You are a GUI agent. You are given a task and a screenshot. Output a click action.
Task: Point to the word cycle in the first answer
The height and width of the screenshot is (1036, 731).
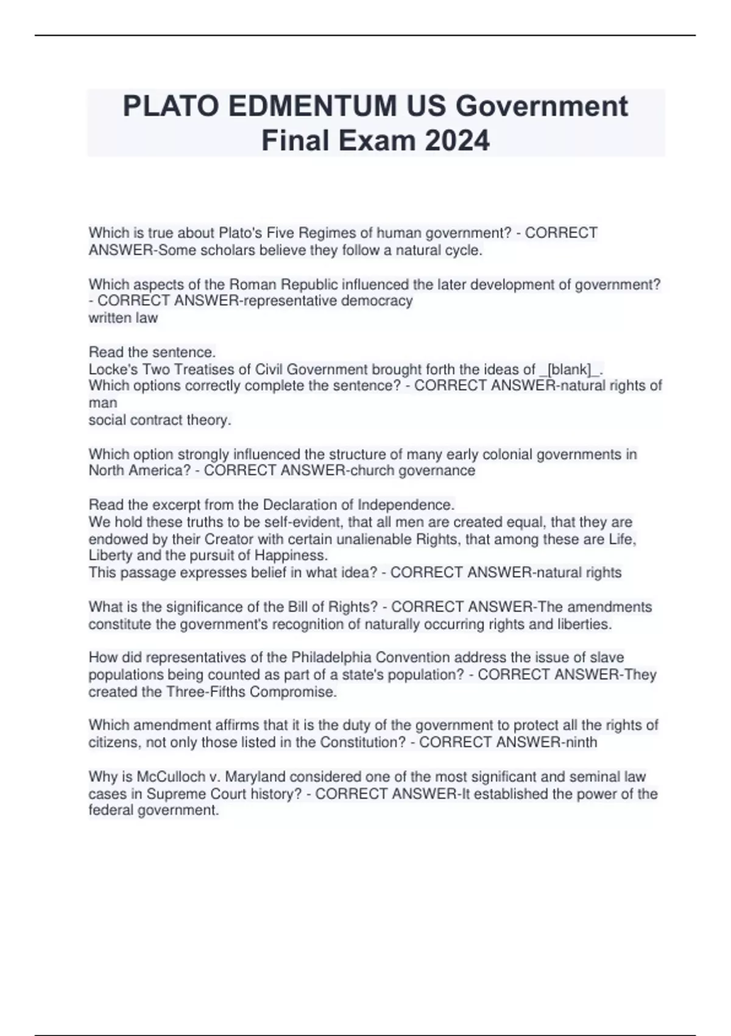462,250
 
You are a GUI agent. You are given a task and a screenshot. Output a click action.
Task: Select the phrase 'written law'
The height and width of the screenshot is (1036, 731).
123,318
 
